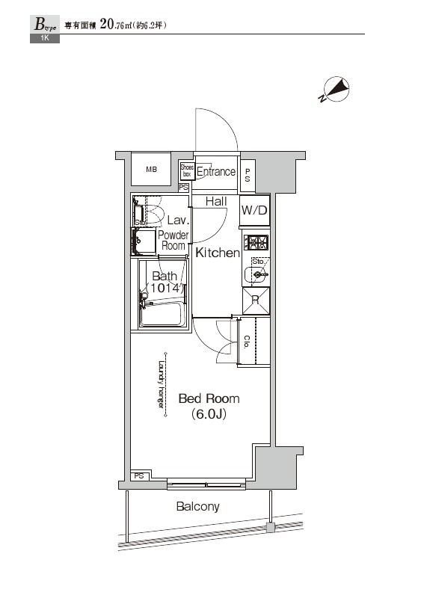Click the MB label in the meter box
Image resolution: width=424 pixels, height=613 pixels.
point(152,170)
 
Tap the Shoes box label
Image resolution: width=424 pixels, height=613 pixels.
point(187,171)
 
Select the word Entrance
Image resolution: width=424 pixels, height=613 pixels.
point(215,172)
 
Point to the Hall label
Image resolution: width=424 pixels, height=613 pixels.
point(216,202)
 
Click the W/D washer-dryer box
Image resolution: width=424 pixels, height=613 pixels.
point(254,210)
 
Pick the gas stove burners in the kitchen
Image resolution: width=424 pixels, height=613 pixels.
point(256,242)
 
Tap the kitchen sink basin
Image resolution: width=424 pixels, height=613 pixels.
point(256,275)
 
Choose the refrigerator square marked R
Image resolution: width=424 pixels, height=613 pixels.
point(255,301)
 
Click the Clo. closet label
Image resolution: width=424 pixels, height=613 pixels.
point(246,342)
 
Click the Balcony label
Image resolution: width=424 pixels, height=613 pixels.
point(197,507)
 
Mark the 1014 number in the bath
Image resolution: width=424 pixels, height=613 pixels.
point(165,288)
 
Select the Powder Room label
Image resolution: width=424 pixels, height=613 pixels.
point(173,241)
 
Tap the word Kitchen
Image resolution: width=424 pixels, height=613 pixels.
point(217,253)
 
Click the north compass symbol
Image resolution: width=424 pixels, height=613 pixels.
point(336,90)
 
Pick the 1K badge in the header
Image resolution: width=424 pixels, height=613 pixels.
point(44,38)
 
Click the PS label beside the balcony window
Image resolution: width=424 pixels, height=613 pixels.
point(139,476)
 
